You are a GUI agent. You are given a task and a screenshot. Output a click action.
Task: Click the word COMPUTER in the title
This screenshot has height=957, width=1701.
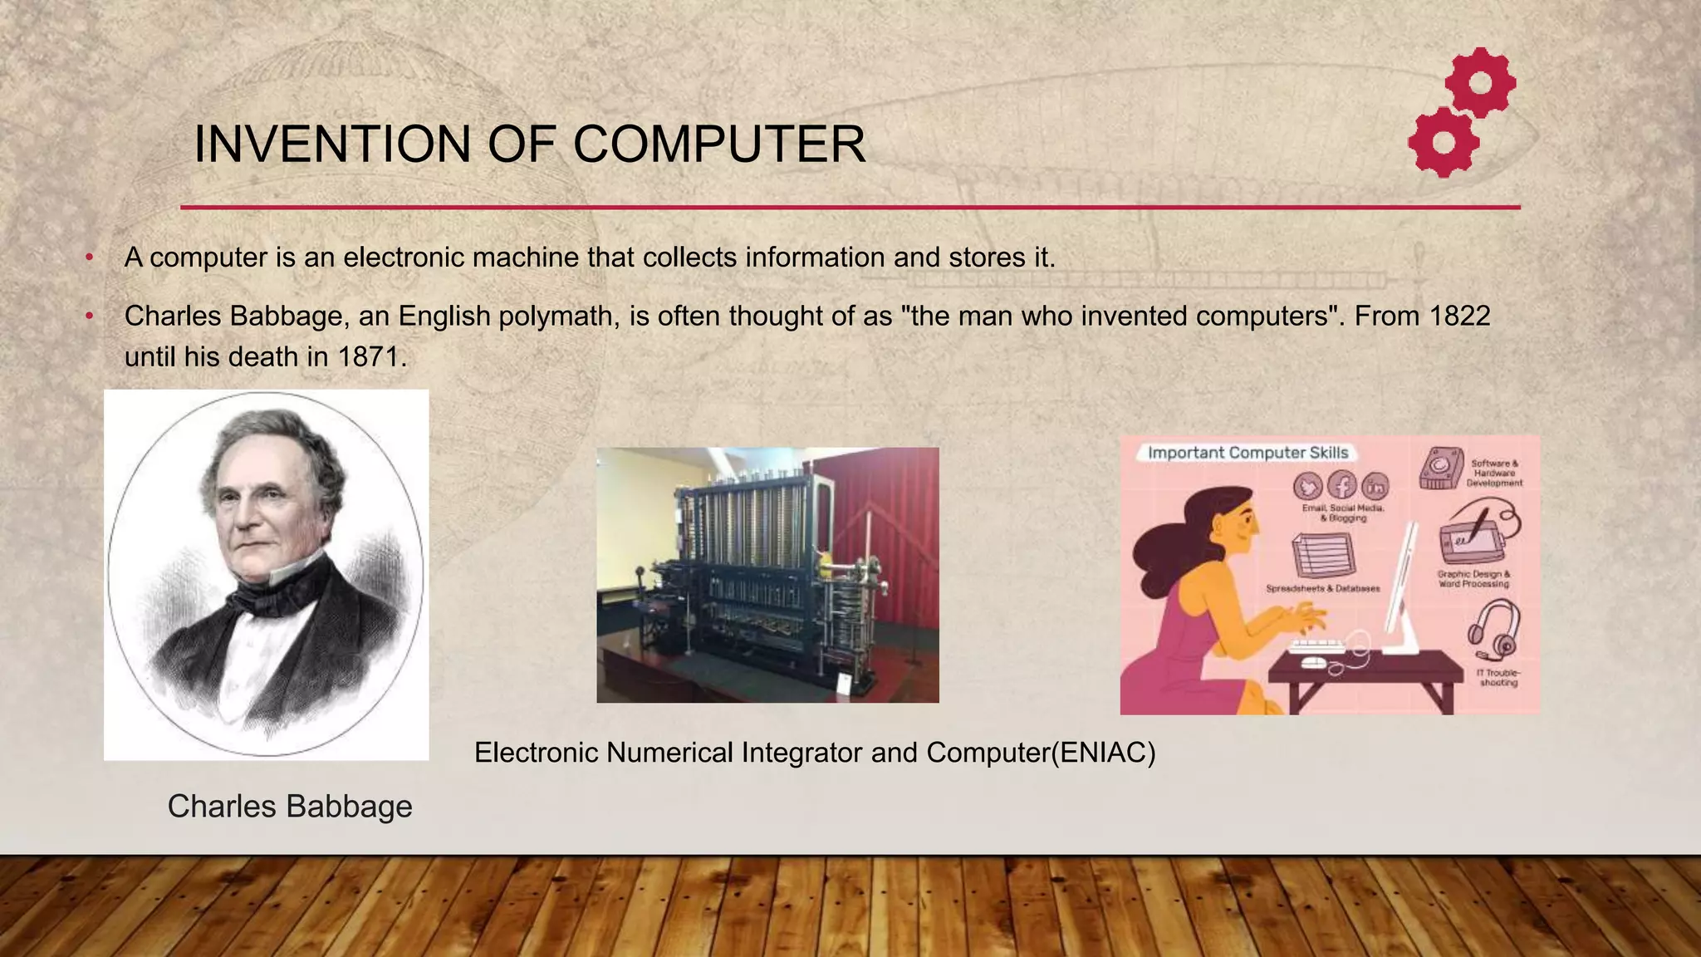(718, 144)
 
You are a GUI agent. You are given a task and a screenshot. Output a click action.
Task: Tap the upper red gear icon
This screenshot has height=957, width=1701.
(1480, 82)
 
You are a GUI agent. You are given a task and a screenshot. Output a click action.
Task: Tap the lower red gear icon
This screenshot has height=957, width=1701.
(1444, 142)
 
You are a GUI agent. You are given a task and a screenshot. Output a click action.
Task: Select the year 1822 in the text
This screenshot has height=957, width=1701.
(1459, 316)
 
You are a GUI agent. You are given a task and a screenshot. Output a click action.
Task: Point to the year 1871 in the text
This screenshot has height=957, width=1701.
(371, 357)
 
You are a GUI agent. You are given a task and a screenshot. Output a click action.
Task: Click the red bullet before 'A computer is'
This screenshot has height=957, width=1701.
(89, 258)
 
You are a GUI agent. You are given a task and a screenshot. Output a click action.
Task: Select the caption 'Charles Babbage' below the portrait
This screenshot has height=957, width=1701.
(290, 806)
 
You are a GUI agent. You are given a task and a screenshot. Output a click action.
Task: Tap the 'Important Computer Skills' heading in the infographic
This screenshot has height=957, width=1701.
(1248, 453)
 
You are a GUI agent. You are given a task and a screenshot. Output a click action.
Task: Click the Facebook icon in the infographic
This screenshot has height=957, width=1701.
(1341, 485)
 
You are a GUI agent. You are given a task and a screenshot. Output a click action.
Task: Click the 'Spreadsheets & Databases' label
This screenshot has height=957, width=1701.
(1322, 588)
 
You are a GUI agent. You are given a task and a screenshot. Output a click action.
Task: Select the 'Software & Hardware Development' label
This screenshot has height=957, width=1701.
(1494, 473)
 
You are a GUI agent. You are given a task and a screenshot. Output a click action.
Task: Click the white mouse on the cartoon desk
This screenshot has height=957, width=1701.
(1313, 662)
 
